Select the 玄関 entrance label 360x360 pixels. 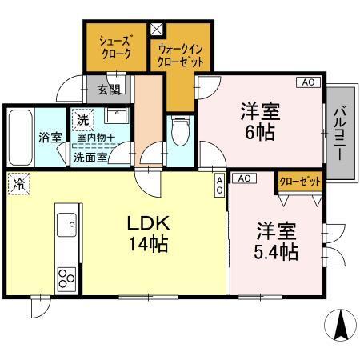click(x=108, y=90)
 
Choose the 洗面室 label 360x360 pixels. click(x=90, y=158)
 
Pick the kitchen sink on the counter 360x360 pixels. click(x=65, y=221)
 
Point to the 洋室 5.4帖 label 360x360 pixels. click(x=276, y=242)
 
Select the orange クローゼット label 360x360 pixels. click(x=300, y=182)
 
